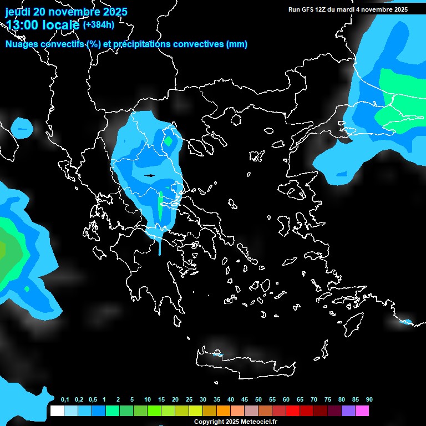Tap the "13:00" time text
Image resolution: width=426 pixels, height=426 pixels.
coord(22,25)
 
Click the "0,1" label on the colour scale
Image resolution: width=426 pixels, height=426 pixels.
coord(65,400)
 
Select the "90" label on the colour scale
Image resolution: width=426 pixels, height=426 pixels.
coord(369,400)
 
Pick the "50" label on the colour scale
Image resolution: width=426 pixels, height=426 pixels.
coord(258,400)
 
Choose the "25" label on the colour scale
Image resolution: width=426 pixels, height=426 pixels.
coord(189,400)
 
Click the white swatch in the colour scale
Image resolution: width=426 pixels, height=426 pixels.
coord(57,411)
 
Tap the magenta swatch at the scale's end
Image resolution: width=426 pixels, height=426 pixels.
coord(362,411)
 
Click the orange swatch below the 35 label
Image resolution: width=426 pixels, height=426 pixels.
coord(224,411)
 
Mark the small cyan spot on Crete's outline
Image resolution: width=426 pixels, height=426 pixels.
coord(217,354)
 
